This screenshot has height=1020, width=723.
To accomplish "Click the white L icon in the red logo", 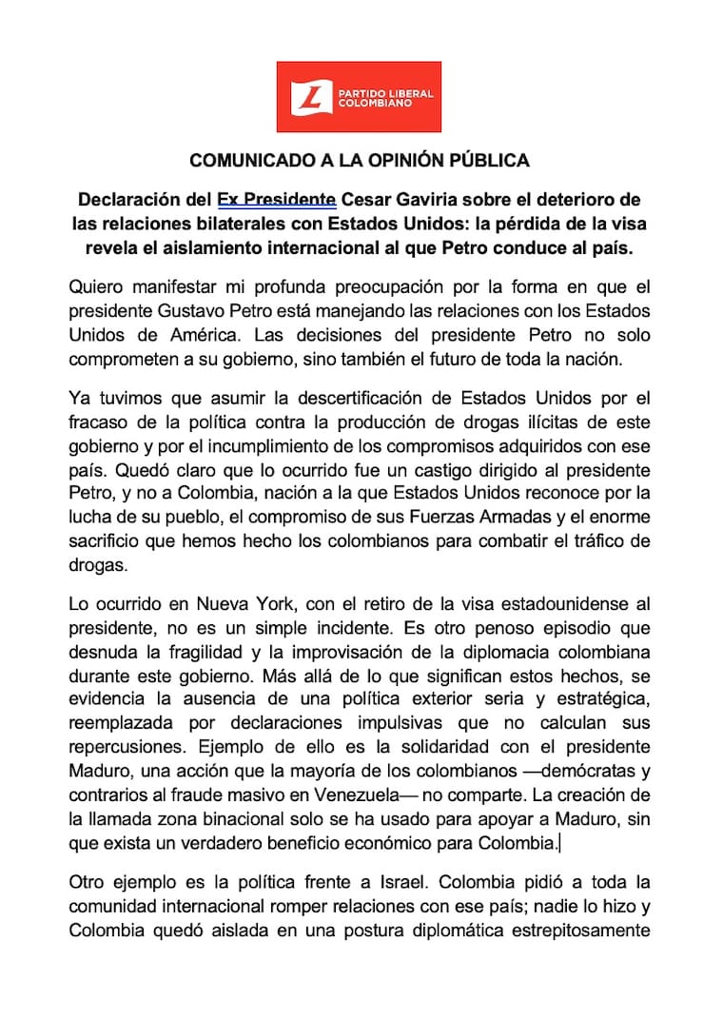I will coord(308,96).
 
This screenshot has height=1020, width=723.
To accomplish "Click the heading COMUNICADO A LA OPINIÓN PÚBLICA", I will coord(360,160).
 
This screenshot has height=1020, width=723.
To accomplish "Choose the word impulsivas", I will coord(391,722).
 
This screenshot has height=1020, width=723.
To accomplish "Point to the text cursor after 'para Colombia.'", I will coord(560,842).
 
